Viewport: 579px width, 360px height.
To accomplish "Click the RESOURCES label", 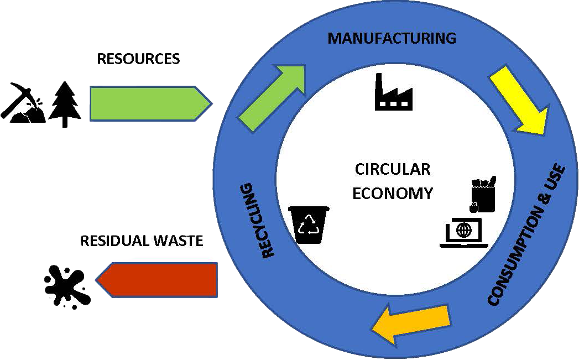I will tap(138, 59).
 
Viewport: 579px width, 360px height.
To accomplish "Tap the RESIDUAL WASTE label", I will tap(142, 241).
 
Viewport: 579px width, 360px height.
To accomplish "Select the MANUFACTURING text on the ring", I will tap(392, 38).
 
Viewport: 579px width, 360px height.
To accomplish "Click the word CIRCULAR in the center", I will tap(392, 169).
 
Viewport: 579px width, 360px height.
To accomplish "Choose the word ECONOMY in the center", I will tap(392, 194).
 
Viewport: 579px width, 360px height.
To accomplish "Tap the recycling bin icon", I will tap(309, 225).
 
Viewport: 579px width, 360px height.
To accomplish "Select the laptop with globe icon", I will tap(465, 233).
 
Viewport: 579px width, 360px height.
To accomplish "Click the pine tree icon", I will tap(65, 103).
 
